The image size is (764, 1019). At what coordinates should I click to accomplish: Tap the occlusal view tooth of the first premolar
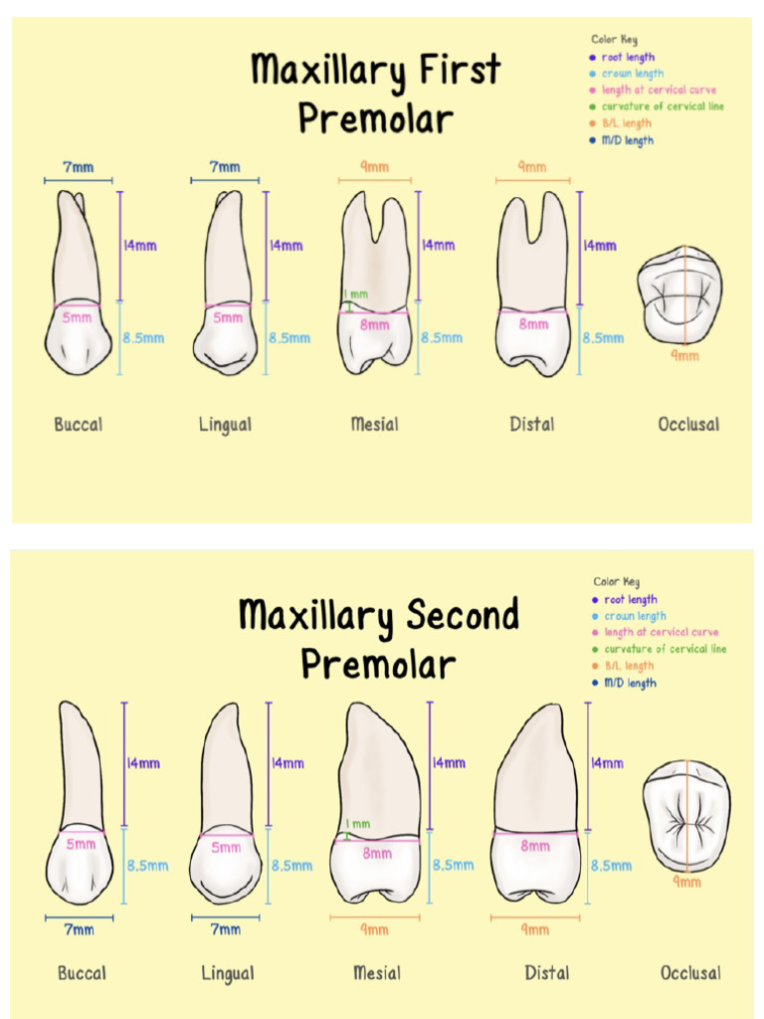(680, 295)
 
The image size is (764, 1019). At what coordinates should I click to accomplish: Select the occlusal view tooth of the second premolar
(686, 816)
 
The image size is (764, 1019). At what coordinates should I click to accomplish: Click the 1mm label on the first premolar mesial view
(355, 295)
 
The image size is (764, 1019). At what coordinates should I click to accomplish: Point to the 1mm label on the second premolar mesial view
(357, 824)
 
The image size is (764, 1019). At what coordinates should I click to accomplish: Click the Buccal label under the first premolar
(78, 425)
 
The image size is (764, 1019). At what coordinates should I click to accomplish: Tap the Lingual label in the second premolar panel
(227, 973)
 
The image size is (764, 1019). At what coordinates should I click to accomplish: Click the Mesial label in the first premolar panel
(374, 425)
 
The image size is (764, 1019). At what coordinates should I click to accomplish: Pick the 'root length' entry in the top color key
(628, 58)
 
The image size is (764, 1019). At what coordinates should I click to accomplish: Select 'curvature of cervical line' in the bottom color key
(665, 649)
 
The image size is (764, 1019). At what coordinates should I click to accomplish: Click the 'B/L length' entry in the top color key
(626, 123)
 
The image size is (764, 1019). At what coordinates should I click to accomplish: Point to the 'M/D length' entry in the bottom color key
(630, 683)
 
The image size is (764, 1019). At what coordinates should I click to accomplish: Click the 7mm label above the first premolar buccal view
(79, 167)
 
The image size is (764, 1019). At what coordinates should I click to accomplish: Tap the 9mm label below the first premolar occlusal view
(684, 355)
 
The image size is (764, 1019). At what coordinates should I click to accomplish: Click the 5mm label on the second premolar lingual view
(226, 848)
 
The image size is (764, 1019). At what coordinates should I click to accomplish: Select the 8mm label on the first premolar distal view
(534, 324)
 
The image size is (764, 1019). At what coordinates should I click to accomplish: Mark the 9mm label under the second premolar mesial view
(374, 929)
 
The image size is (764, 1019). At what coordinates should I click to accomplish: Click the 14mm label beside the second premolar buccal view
(144, 763)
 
